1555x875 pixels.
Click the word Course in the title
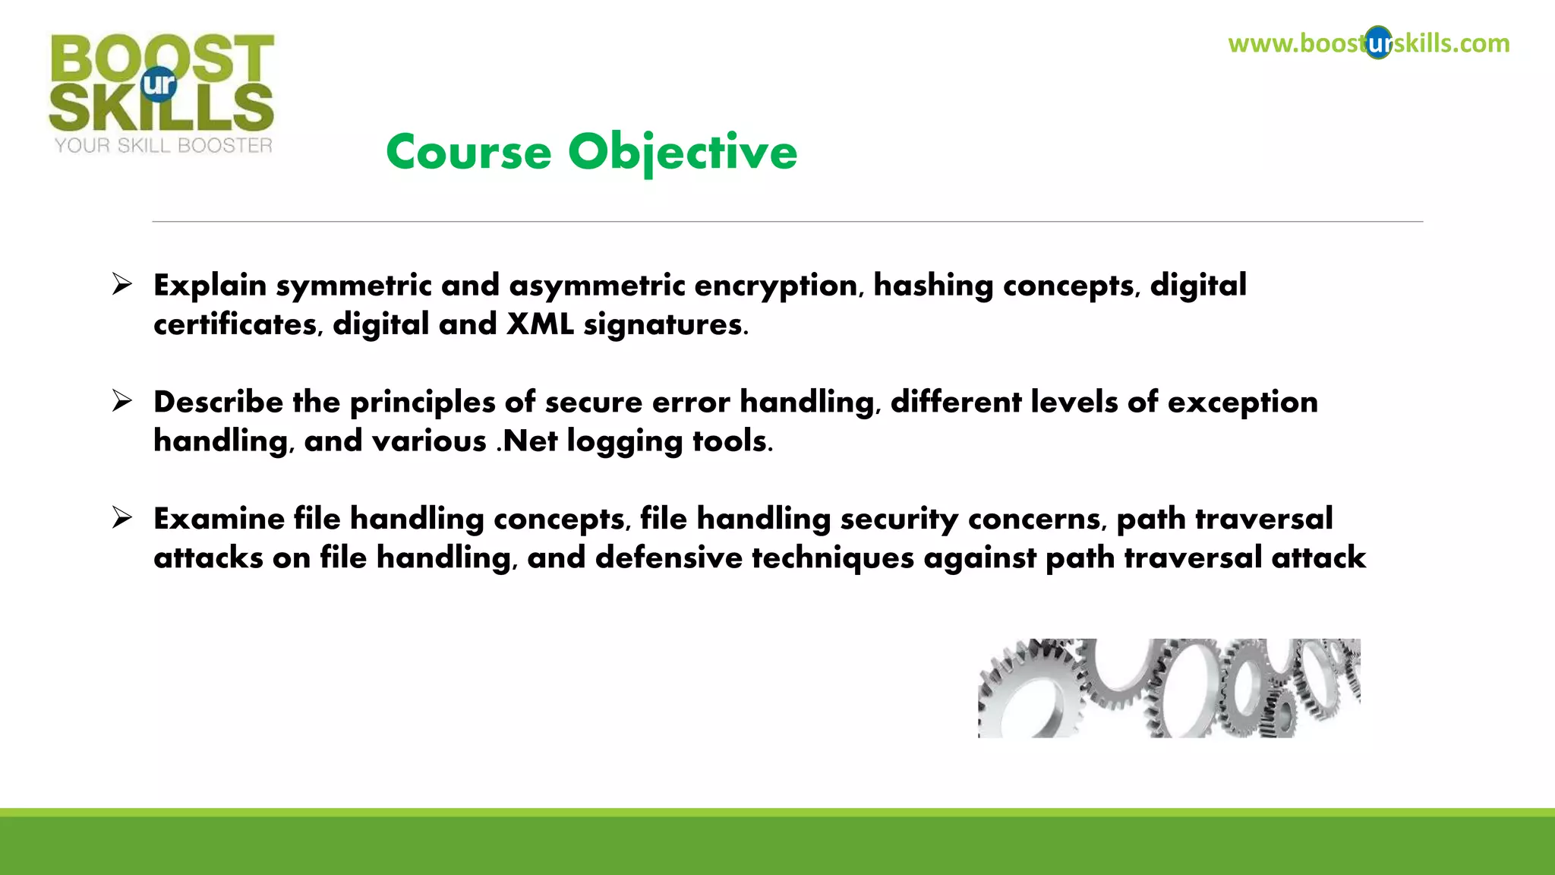click(x=468, y=153)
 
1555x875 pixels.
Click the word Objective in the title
click(x=683, y=153)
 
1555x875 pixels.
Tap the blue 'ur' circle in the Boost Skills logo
click(x=159, y=84)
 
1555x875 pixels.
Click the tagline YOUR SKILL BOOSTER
click(x=163, y=146)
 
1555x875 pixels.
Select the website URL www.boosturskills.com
click(x=1368, y=43)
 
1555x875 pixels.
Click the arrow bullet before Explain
click(x=121, y=284)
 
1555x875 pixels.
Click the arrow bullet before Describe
click(x=121, y=401)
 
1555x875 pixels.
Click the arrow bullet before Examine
click(x=121, y=518)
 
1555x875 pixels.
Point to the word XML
click(x=540, y=324)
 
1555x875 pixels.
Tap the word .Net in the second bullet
click(x=527, y=441)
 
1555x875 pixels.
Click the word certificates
click(x=235, y=324)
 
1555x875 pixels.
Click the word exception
click(x=1242, y=403)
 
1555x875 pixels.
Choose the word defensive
click(x=668, y=558)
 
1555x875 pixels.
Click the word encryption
click(x=775, y=286)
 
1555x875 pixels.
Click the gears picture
click(x=1169, y=687)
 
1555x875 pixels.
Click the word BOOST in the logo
click(x=162, y=57)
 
